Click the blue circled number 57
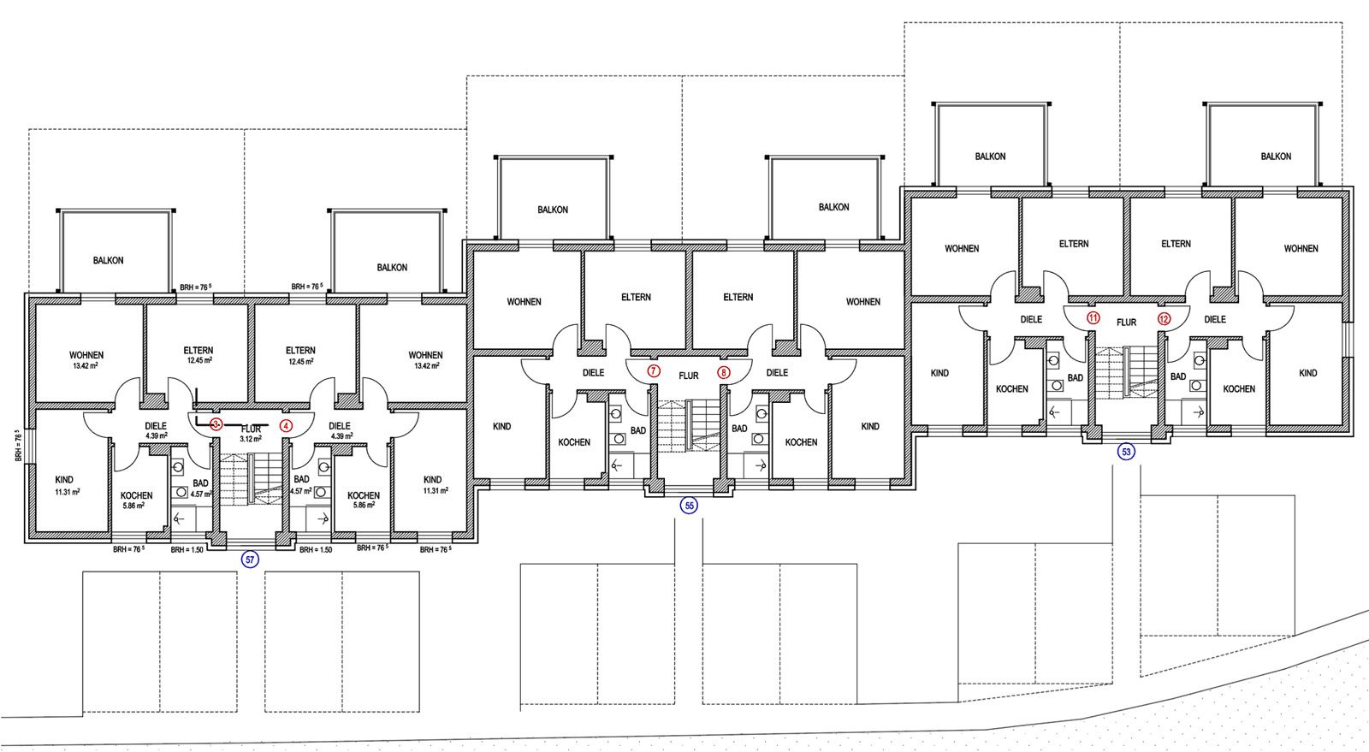[250, 560]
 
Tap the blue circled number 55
[690, 506]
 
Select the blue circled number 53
[1126, 452]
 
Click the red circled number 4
[286, 426]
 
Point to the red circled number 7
[654, 370]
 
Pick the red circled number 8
[724, 372]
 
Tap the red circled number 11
[1093, 317]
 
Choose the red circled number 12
[1164, 319]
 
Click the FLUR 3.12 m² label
[251, 434]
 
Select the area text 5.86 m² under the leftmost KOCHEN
[133, 506]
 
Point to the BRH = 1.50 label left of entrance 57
[187, 550]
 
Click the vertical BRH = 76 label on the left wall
[20, 446]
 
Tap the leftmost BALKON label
[108, 260]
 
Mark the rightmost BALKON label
[1276, 157]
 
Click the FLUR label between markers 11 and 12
[1126, 322]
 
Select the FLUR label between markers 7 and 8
[689, 376]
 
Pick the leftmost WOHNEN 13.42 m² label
[86, 360]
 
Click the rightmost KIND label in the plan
[1308, 373]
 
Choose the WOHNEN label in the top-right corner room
[1301, 249]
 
